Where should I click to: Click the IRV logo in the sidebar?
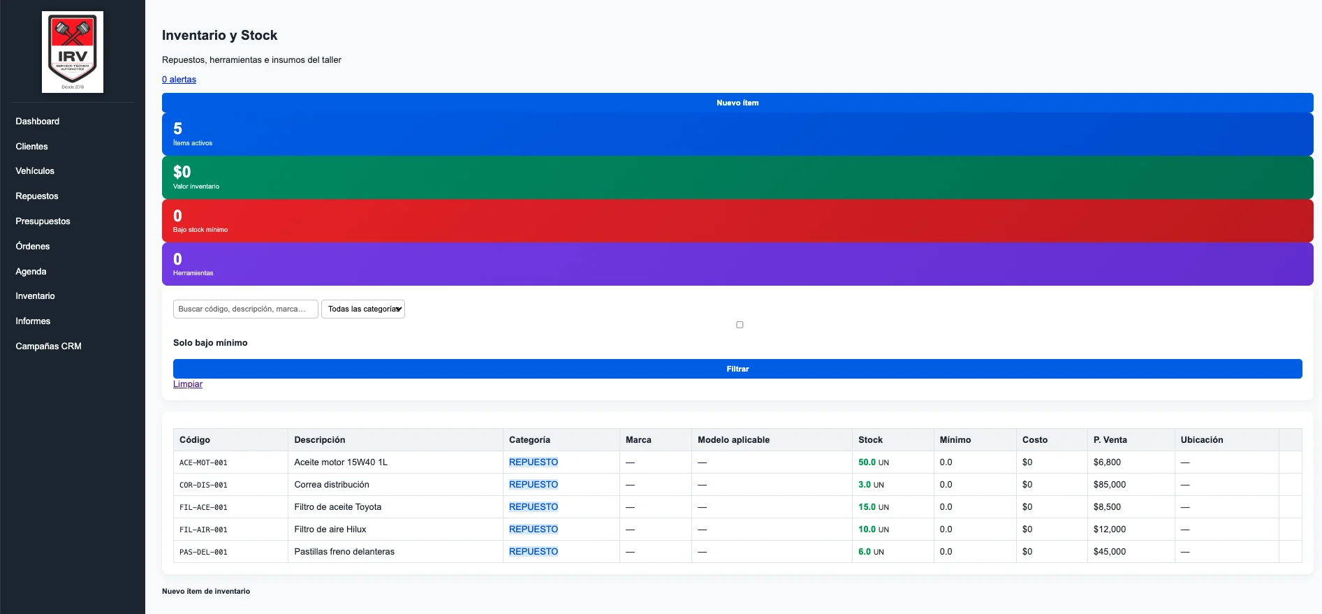click(x=73, y=52)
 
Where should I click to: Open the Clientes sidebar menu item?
click(x=32, y=146)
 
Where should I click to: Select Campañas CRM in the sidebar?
click(x=49, y=346)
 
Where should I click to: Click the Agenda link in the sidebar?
click(x=31, y=271)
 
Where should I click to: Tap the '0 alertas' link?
click(x=179, y=80)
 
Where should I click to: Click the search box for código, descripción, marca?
click(x=246, y=309)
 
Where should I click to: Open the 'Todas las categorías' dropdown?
click(x=363, y=309)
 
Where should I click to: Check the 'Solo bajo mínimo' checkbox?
click(x=740, y=325)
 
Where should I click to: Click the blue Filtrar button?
click(x=737, y=369)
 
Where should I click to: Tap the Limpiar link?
click(x=188, y=384)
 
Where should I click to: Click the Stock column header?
click(x=870, y=440)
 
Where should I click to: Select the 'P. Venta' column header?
click(x=1110, y=440)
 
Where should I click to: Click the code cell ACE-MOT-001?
click(x=203, y=462)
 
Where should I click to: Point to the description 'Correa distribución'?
click(x=332, y=485)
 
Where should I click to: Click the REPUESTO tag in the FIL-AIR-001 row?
click(x=534, y=529)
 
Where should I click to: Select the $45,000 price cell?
click(x=1110, y=552)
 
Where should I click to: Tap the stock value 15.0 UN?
click(x=874, y=507)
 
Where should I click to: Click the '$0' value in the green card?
click(x=182, y=172)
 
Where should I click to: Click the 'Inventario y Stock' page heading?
click(x=219, y=36)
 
